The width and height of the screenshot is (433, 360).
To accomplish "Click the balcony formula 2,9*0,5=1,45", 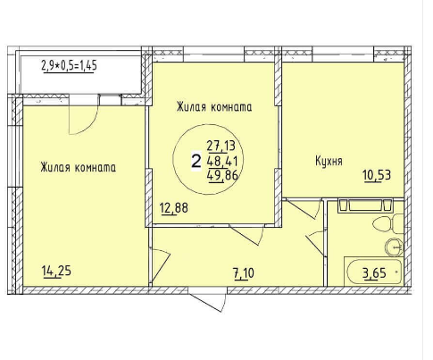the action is tap(69, 65).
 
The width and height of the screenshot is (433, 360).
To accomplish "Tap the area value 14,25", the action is tap(57, 272).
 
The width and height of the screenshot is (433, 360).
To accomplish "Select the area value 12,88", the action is tap(174, 208).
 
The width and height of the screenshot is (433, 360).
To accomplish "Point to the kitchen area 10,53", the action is tap(377, 175).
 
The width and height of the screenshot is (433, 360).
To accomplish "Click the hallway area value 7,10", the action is tap(245, 273).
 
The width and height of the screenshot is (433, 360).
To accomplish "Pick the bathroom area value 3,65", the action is tap(374, 272).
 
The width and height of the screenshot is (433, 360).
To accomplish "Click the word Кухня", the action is tap(329, 161).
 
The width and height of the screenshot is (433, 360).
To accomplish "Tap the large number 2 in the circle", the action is tap(196, 162).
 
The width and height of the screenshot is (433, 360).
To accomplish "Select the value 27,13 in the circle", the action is tap(221, 146).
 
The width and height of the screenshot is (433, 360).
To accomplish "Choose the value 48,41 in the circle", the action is tap(222, 162).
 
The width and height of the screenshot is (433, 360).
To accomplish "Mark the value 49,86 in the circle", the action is tap(223, 176).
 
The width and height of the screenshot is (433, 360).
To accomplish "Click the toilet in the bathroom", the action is tap(387, 223).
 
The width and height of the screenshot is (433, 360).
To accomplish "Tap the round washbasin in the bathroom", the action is tap(395, 247).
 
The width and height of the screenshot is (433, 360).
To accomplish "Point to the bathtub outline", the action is tap(373, 272).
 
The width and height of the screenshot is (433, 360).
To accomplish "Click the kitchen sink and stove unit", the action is tap(365, 206).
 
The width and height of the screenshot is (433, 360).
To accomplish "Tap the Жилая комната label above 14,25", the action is tap(79, 167).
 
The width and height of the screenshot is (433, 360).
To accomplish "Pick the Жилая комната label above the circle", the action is tap(214, 107).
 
